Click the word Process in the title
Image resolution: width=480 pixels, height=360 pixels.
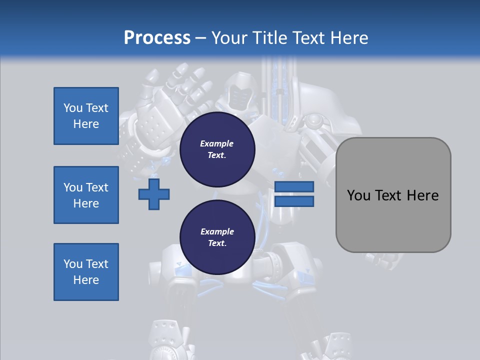coord(157,38)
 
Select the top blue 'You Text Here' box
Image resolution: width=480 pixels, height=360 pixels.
coord(86,116)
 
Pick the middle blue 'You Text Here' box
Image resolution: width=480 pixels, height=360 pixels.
coord(86,195)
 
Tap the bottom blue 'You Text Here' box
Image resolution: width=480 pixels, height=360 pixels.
coord(86,272)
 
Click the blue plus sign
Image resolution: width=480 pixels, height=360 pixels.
coord(154,194)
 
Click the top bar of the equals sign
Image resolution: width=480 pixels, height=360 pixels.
coord(294,186)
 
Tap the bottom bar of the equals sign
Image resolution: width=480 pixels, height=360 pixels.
coord(294,201)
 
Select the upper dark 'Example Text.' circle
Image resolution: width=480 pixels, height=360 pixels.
coord(217,149)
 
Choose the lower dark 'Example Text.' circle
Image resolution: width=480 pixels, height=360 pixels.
coord(217,237)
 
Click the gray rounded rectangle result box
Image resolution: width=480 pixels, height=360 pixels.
coord(393,220)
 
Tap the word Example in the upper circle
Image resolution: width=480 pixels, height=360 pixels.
coord(217,143)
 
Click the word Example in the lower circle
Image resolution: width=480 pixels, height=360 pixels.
coord(217,231)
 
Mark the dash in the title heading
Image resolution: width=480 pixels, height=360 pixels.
coord(201,38)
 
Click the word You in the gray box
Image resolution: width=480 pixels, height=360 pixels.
coord(358,195)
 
